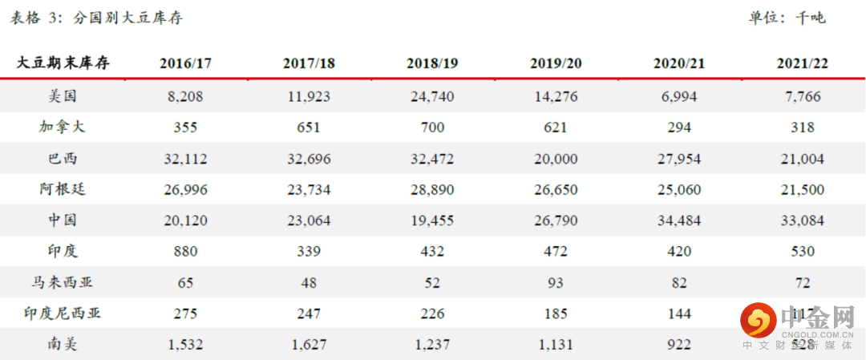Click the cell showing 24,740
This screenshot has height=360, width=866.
(432, 97)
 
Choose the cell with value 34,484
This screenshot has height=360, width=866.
(678, 220)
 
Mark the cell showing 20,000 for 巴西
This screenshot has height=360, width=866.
(555, 159)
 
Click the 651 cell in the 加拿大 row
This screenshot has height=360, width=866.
(308, 127)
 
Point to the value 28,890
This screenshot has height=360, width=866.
(432, 190)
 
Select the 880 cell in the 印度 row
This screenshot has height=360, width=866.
(185, 252)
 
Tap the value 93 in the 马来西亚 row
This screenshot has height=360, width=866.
(555, 283)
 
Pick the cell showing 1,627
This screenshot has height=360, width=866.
(308, 345)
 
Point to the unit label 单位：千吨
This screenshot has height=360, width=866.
(786, 18)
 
